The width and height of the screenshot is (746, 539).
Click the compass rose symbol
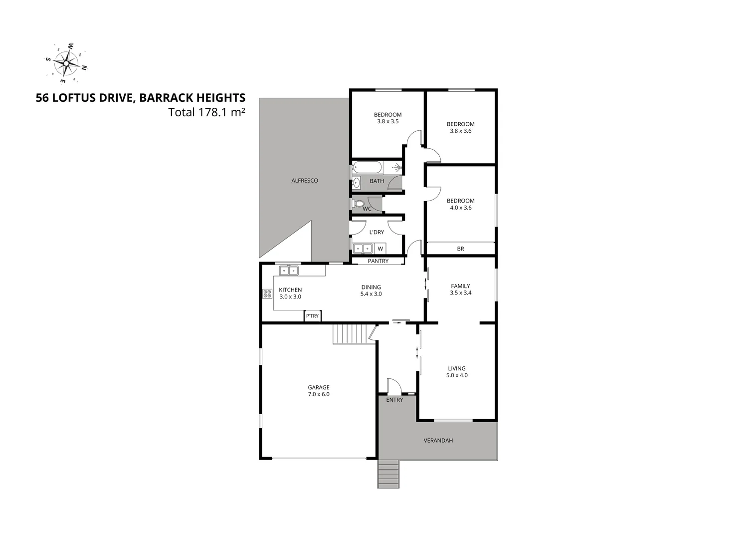(x=66, y=63)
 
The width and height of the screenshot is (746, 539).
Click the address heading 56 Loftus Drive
(x=140, y=98)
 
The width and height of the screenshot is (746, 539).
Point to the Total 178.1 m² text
(x=206, y=112)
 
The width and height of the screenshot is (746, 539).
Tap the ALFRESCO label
(x=305, y=181)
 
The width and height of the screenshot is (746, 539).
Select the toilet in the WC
(x=358, y=204)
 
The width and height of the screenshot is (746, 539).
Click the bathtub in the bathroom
(x=369, y=167)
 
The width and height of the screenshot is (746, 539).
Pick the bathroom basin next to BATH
(x=357, y=183)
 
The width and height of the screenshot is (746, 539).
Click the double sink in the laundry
(x=363, y=248)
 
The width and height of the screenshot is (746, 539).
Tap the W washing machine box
(x=380, y=249)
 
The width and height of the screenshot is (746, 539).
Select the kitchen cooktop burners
(x=267, y=294)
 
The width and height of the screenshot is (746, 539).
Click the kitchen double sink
(x=288, y=270)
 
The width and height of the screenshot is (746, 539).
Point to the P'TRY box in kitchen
(x=313, y=316)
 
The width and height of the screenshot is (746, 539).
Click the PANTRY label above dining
(x=377, y=261)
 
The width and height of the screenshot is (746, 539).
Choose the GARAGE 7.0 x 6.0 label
(x=319, y=391)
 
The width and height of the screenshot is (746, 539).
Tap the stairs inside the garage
(x=353, y=333)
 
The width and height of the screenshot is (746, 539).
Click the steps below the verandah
(x=389, y=474)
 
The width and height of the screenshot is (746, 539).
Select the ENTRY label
(x=394, y=400)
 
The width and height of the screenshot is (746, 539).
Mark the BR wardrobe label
(x=460, y=249)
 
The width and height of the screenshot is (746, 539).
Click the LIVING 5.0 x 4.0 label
(x=457, y=372)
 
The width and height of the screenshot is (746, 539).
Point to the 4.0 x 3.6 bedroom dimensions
(x=460, y=208)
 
